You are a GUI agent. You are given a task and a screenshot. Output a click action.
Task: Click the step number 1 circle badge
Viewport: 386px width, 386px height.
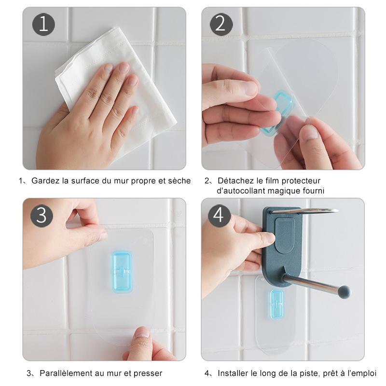pyautogui.click(x=43, y=25)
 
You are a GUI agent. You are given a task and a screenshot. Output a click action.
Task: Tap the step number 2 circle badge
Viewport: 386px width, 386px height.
pyautogui.click(x=221, y=25)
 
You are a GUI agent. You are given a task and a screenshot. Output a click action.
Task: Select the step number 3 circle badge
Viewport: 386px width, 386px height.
pyautogui.click(x=42, y=216)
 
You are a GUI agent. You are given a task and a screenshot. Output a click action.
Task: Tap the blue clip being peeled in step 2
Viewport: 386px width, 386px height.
pyautogui.click(x=278, y=112)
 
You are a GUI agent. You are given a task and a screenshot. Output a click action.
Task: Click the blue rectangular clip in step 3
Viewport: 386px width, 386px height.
pyautogui.click(x=123, y=272)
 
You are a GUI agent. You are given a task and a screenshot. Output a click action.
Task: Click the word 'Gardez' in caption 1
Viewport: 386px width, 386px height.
pyautogui.click(x=45, y=181)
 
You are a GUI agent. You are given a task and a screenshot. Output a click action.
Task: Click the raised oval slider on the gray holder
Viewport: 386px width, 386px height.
pyautogui.click(x=285, y=235)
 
